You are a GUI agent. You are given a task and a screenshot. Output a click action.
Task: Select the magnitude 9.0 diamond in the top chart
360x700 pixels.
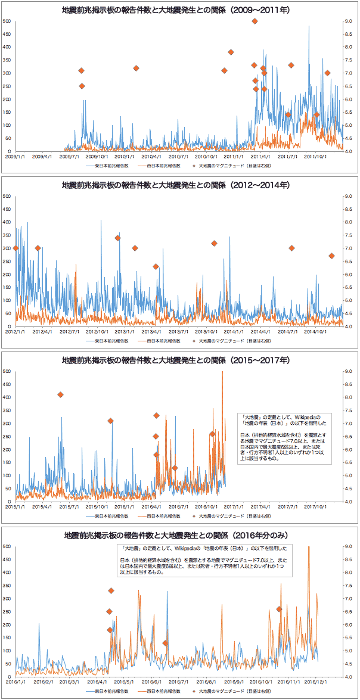click(255, 21)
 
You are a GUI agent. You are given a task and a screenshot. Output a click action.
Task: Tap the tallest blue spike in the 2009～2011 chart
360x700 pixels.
click(309, 27)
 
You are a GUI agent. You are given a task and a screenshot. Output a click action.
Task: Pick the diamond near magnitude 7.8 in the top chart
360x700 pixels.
click(231, 52)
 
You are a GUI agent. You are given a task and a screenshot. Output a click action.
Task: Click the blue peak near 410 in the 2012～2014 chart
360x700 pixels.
click(101, 220)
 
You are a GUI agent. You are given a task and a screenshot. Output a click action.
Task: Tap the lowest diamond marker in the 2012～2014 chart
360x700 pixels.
click(156, 266)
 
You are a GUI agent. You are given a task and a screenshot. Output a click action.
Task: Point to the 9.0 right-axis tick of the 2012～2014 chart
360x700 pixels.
click(349, 196)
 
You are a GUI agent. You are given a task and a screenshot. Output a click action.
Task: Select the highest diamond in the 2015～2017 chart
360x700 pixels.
click(60, 394)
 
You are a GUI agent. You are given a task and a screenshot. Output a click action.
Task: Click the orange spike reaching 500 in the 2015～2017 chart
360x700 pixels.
click(222, 372)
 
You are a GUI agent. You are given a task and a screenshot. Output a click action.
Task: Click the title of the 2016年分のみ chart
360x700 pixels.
click(179, 536)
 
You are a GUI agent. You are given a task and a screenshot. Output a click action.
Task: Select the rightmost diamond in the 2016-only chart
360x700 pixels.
click(279, 609)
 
